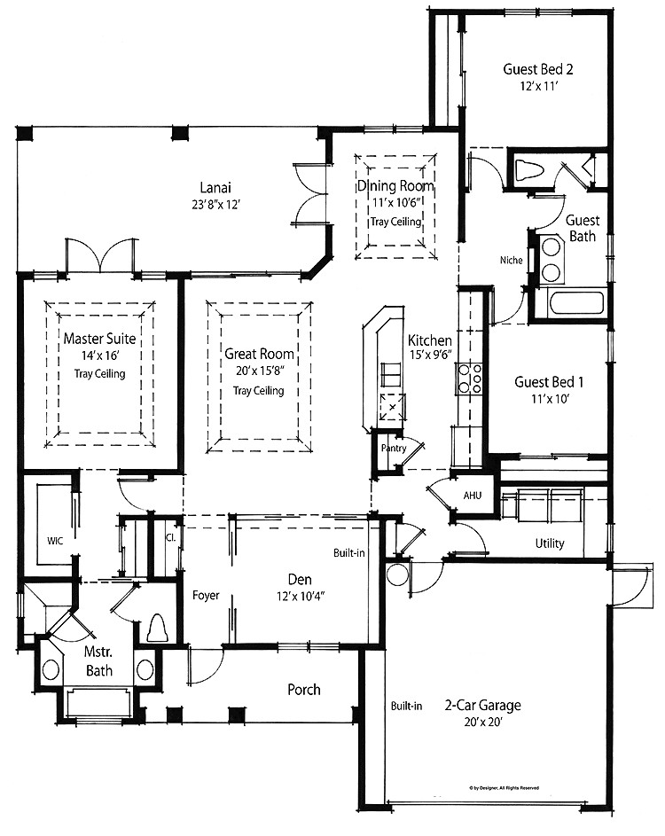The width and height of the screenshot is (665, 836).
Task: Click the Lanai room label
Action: tap(215, 188)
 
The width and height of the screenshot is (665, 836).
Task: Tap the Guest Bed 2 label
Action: tap(538, 69)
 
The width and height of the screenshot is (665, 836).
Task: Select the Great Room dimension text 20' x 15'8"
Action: tap(259, 371)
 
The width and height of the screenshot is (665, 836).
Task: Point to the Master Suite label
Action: tap(99, 339)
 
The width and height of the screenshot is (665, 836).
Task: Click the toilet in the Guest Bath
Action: tap(529, 170)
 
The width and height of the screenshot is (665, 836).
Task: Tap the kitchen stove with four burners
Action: tap(469, 379)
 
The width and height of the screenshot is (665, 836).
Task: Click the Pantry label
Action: tap(394, 449)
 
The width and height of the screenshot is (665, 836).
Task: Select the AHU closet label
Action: tap(473, 496)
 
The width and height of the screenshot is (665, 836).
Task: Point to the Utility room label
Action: tap(550, 543)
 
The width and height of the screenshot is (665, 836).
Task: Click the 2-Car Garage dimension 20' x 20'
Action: tap(482, 723)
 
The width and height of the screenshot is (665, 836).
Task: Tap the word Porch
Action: tap(304, 690)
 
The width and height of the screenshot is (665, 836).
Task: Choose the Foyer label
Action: tap(206, 596)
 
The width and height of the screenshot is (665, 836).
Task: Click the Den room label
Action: tap(300, 580)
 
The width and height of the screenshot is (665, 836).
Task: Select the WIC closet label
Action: tap(55, 541)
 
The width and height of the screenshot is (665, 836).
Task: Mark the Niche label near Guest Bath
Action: tap(511, 260)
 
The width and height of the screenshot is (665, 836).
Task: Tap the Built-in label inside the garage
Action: tap(406, 706)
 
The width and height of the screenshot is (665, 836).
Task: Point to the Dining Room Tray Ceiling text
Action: tap(396, 222)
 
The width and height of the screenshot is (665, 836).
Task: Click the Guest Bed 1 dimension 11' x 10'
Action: tap(551, 398)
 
